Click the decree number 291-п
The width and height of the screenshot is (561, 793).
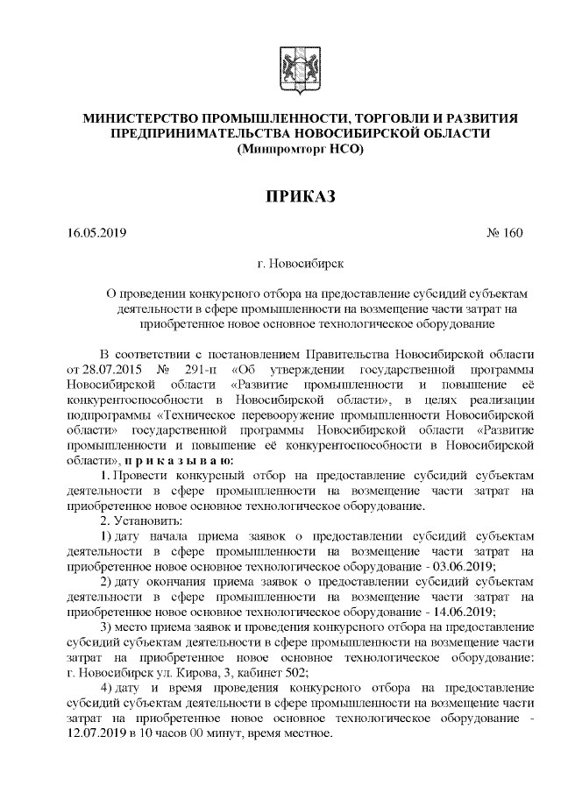coord(202,369)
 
